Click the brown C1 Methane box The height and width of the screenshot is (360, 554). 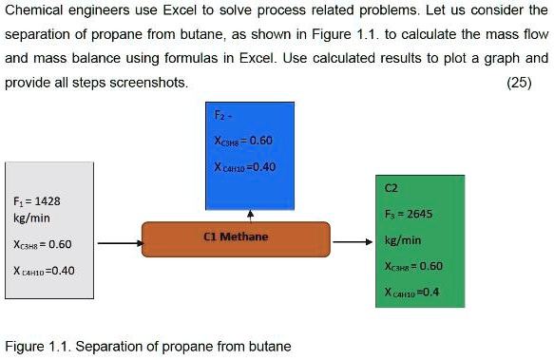coord(236,237)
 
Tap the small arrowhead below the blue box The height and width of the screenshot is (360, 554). coord(250,214)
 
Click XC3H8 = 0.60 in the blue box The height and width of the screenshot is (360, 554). coord(244,142)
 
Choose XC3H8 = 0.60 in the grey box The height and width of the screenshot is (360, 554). coord(43,244)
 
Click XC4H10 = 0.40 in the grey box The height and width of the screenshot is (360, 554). coord(45,271)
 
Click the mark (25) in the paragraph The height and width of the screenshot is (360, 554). coord(520,83)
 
